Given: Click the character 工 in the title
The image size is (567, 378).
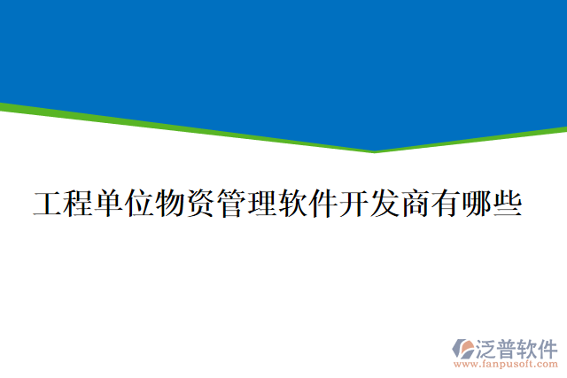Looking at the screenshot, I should (x=48, y=204).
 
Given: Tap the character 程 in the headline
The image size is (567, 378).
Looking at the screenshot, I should (x=78, y=204).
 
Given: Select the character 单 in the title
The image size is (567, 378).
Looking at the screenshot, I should (x=109, y=204).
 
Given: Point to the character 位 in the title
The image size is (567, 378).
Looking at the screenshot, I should (x=139, y=204).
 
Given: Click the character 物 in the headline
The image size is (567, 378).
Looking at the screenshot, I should (x=170, y=204).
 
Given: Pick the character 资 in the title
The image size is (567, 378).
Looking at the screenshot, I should (x=200, y=204).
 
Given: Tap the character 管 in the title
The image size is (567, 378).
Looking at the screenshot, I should (x=230, y=204).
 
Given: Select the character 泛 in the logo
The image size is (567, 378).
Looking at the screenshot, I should (x=489, y=345).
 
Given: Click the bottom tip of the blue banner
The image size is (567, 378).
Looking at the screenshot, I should (x=375, y=149).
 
